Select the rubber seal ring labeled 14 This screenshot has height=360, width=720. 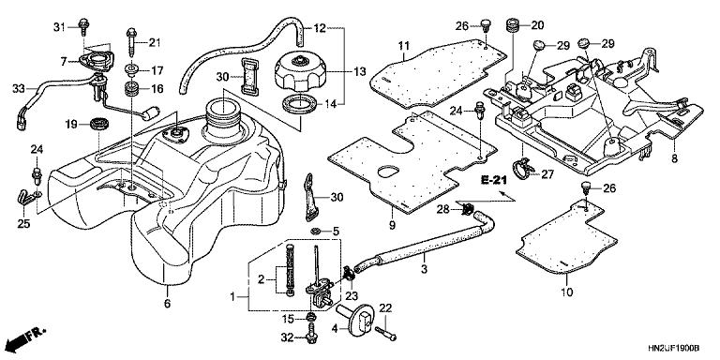click(299, 104)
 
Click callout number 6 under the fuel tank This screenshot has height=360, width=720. click(168, 304)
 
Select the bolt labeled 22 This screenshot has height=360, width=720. click(386, 330)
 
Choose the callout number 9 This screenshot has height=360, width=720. click(391, 225)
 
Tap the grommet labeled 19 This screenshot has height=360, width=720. click(97, 123)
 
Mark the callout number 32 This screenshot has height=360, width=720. click(286, 337)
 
